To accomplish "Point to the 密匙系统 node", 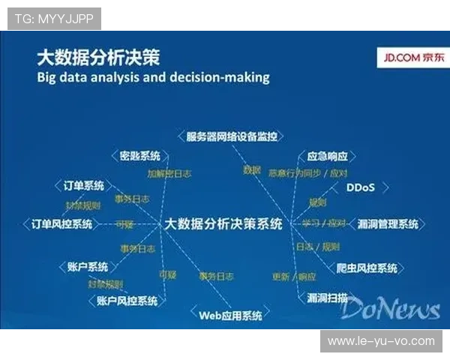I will point(140,156).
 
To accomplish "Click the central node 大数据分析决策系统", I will point(223,223).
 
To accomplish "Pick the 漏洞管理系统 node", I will point(388,223).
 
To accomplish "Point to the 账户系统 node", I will point(87,267).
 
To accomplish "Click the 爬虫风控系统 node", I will point(367,268).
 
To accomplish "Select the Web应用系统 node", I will point(230,315).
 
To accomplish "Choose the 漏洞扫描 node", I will point(327,298).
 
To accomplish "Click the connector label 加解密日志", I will point(169,172).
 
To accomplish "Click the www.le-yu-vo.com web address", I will point(381,341).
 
